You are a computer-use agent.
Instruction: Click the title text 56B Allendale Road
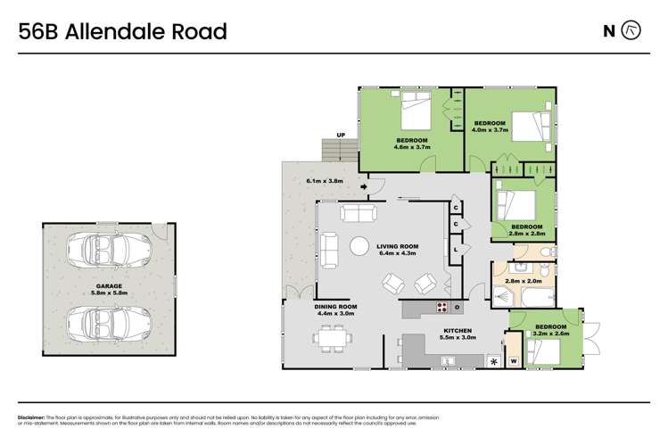122,32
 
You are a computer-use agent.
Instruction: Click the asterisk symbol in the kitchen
491,360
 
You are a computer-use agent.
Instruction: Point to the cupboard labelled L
457,249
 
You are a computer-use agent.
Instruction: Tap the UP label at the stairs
340,136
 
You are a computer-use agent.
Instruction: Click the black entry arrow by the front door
365,186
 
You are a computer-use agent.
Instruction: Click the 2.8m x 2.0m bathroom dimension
523,282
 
